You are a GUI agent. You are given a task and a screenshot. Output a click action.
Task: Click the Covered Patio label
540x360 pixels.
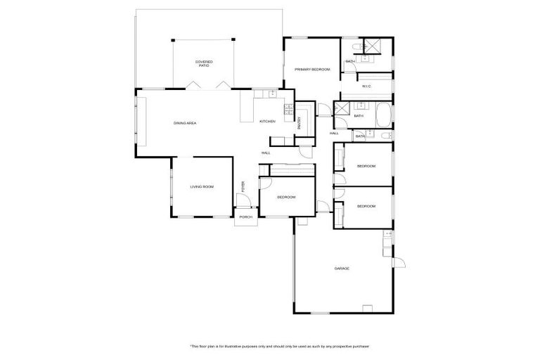pyautogui.click(x=204, y=64)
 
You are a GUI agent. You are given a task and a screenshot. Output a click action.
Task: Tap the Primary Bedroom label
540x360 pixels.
pyautogui.click(x=312, y=70)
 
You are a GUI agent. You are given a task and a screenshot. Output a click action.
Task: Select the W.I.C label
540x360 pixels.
pyautogui.click(x=366, y=86)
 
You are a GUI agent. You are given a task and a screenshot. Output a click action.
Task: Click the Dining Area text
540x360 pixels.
pyautogui.click(x=185, y=123)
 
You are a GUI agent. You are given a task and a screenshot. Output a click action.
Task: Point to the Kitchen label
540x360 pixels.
pyautogui.click(x=267, y=122)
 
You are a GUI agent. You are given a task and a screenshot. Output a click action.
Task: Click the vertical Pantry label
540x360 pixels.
pyautogui.click(x=299, y=122)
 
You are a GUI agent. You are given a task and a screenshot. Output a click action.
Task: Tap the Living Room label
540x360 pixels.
pyautogui.click(x=202, y=186)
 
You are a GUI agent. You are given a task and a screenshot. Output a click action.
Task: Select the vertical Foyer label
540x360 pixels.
pyautogui.click(x=243, y=187)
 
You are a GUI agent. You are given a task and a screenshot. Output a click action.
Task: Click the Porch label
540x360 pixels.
pyautogui.click(x=245, y=217)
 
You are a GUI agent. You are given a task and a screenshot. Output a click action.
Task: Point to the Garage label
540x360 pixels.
pyautogui.click(x=342, y=269)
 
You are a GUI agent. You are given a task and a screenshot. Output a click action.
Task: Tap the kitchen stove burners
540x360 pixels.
pyautogui.click(x=288, y=109)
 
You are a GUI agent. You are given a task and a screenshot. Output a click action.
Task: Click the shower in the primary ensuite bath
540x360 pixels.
pyautogui.click(x=373, y=47)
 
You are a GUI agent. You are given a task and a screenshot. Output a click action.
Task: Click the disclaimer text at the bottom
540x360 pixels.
pyautogui.click(x=280, y=346)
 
